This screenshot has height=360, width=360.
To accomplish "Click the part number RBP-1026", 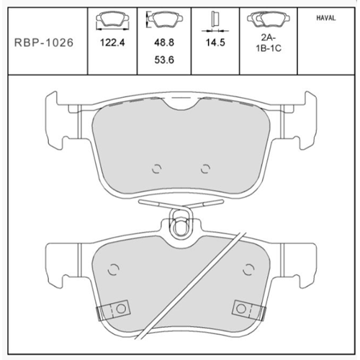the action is coord(44,42).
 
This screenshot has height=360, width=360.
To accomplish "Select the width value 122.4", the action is coord(112,42).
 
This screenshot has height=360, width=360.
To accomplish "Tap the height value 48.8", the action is coord(164,42).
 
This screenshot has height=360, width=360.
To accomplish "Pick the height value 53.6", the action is coord(164,60).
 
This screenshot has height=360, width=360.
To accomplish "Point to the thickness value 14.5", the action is coord(215,42).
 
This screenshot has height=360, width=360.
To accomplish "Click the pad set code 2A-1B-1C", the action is coord(269,43).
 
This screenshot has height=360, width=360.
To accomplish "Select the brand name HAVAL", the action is coord(326,18).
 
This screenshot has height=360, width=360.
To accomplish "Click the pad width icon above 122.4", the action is coord(112,21).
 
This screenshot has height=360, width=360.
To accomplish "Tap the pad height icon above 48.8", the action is coord(165,19).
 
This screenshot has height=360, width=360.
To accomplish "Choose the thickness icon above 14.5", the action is coord(215,22).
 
